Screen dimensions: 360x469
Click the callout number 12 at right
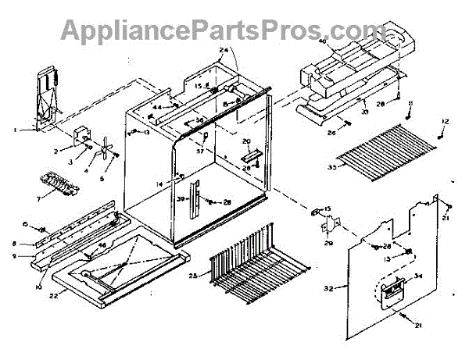pyautogui.click(x=446, y=121)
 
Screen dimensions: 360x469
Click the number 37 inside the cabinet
pyautogui.click(x=200, y=150)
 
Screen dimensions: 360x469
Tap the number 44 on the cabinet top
pyautogui.click(x=156, y=107)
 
